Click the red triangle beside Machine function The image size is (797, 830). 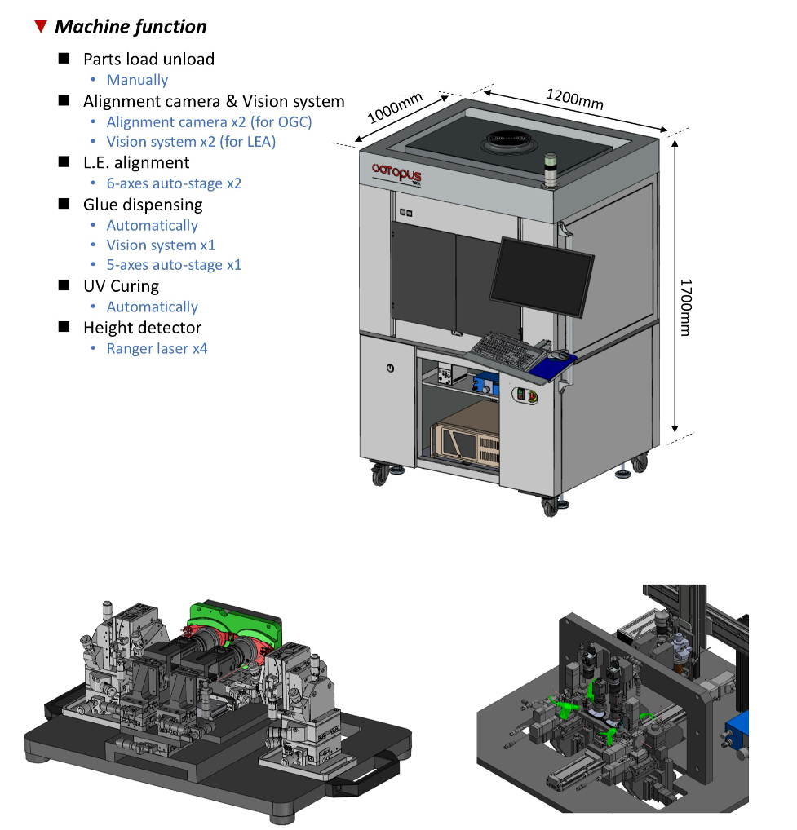(41, 26)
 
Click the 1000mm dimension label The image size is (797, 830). (395, 107)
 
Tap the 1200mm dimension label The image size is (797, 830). (574, 99)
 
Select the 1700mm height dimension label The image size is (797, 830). (685, 307)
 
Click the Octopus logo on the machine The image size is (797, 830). (396, 173)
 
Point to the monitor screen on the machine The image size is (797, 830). (541, 276)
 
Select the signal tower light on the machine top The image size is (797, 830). (551, 170)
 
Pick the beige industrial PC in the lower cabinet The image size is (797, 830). (466, 434)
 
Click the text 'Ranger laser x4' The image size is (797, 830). (157, 348)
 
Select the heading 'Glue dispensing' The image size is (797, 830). (143, 205)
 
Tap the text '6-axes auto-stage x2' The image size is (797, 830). (174, 183)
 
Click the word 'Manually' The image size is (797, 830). (137, 80)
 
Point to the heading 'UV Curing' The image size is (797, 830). (121, 286)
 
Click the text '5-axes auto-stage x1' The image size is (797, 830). (174, 265)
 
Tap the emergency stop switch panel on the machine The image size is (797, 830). (525, 395)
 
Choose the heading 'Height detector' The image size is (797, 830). (142, 328)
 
